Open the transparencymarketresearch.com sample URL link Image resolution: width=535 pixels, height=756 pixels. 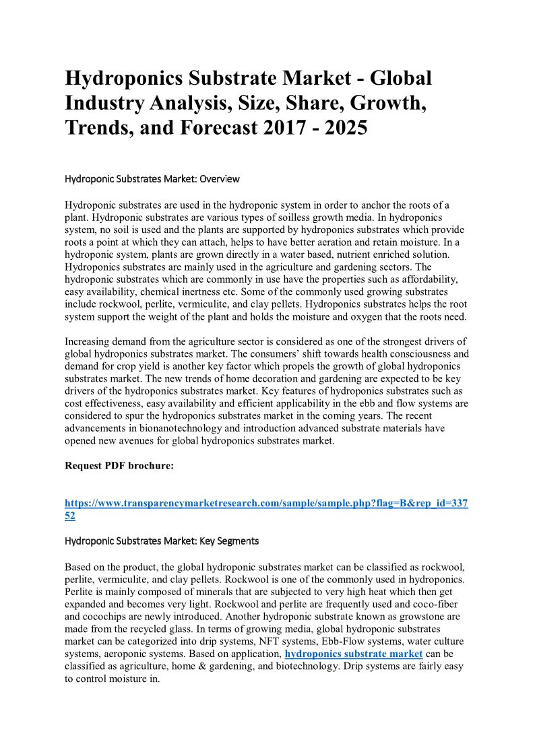pyautogui.click(x=266, y=504)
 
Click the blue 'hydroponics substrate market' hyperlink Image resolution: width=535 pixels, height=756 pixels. pyautogui.click(x=354, y=654)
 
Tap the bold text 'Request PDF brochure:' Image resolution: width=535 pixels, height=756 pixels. pyautogui.click(x=119, y=466)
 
